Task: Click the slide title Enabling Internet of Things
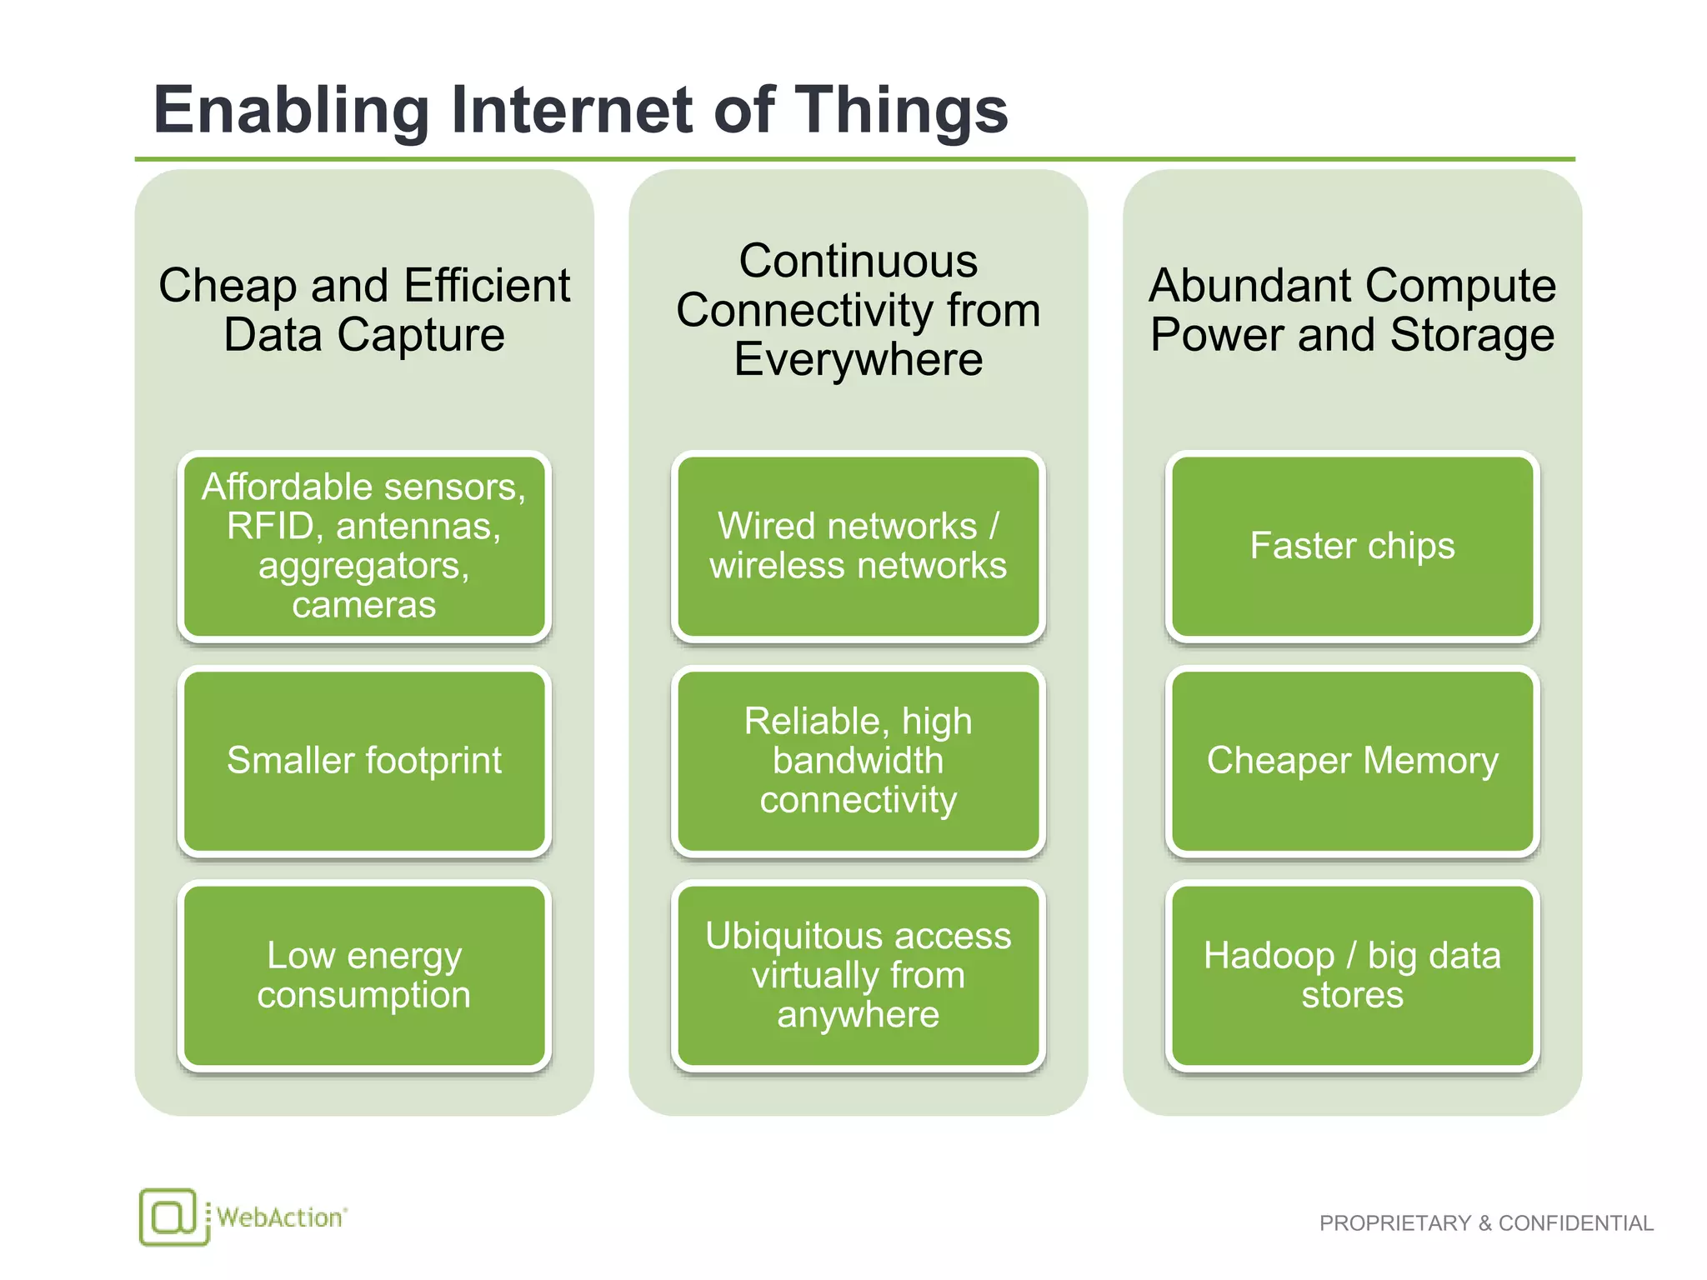[580, 110]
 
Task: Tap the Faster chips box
[1352, 547]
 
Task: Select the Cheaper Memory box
[1352, 761]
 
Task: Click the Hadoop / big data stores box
[1352, 975]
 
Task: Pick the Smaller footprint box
[364, 761]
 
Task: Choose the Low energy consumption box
[364, 975]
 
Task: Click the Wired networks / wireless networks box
[858, 547]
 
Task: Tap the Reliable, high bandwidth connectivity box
[858, 761]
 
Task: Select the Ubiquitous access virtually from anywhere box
[858, 975]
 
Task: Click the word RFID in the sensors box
[274, 527]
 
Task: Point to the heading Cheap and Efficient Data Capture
[364, 310]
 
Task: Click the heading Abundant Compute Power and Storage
[1352, 310]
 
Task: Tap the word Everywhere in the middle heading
[858, 360]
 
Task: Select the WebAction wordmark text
[280, 1217]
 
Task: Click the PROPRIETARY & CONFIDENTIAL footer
[1485, 1222]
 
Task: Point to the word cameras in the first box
[364, 605]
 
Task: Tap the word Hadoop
[1268, 956]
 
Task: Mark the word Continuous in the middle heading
[858, 262]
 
